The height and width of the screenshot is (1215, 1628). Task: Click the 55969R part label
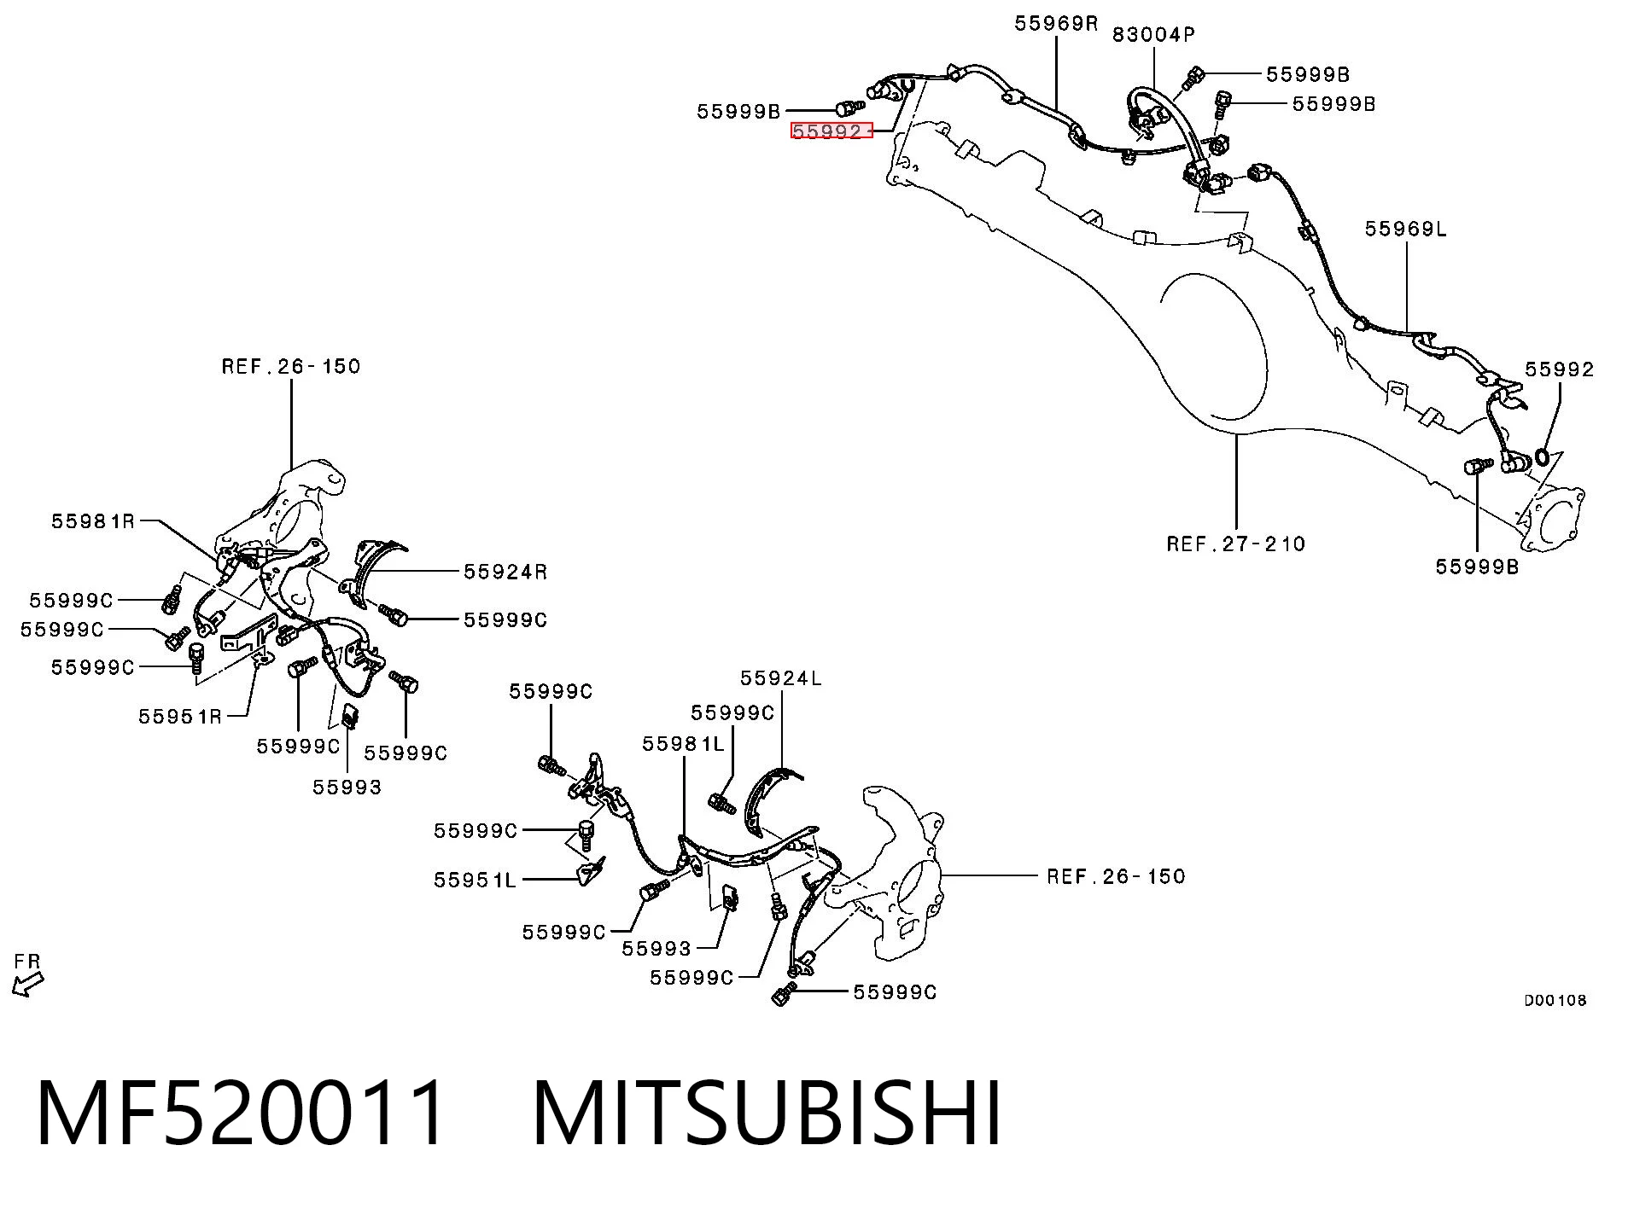(x=1056, y=23)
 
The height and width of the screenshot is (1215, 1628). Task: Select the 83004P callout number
(x=1153, y=34)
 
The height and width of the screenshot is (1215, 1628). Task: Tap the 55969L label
(x=1406, y=229)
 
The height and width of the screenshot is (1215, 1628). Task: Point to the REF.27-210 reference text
(x=1236, y=544)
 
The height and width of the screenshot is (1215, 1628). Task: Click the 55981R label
(x=93, y=520)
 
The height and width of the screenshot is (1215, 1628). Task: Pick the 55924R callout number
(x=505, y=572)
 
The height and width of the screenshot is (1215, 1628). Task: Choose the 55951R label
(x=180, y=716)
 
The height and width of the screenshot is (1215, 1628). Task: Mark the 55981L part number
(x=683, y=744)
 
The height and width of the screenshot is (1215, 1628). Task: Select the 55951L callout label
(x=475, y=880)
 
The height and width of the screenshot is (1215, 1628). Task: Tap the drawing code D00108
(x=1555, y=1000)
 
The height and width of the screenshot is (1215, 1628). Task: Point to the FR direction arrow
(x=27, y=985)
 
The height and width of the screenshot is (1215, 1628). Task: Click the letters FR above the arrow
(x=27, y=962)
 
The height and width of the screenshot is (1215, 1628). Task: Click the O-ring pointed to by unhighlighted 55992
(x=1543, y=458)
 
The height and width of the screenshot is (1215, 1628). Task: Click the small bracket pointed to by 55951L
(x=591, y=871)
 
